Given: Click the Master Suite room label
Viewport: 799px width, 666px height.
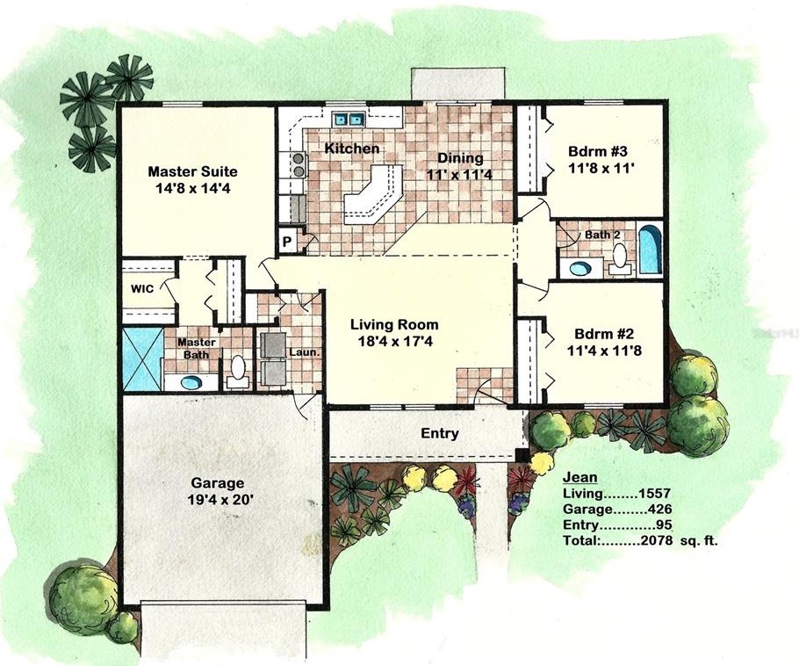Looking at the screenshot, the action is point(192,171).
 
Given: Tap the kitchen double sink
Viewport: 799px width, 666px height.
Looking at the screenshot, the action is point(349,119).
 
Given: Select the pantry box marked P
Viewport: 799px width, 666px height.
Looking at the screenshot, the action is point(287,242).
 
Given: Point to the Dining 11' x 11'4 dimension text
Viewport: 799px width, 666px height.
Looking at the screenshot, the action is point(459,174).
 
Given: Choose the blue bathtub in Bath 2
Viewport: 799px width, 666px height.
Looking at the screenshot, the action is point(650,249).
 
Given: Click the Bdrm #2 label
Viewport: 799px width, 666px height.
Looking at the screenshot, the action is point(604,334).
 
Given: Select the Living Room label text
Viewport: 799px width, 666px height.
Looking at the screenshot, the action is point(394,324).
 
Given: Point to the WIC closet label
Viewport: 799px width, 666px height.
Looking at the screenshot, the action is point(142,289).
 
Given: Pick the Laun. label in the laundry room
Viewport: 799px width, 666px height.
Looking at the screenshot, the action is point(304,351).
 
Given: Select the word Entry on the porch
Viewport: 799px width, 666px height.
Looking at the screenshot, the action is point(440,433).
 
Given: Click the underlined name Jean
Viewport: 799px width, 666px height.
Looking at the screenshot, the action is point(579,477).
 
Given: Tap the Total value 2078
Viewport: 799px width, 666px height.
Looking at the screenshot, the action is point(658,540).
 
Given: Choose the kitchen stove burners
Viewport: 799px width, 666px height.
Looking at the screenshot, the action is point(297,164).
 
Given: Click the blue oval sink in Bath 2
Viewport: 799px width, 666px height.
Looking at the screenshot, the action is point(579,268).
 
